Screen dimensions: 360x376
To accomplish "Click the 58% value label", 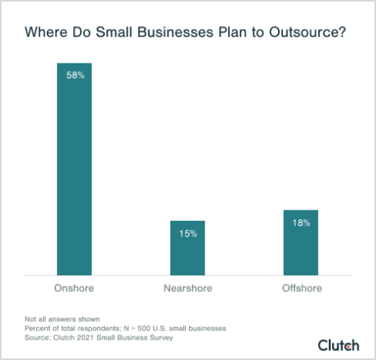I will [x=74, y=75].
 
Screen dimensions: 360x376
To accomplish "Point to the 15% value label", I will [x=188, y=233].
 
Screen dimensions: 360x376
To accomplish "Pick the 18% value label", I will [x=302, y=222].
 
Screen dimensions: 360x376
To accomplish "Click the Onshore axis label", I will [x=74, y=288].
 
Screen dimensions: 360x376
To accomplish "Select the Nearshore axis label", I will [x=188, y=288].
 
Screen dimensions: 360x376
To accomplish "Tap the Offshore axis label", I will [x=302, y=288].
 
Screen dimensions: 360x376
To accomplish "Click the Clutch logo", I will [x=338, y=344].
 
